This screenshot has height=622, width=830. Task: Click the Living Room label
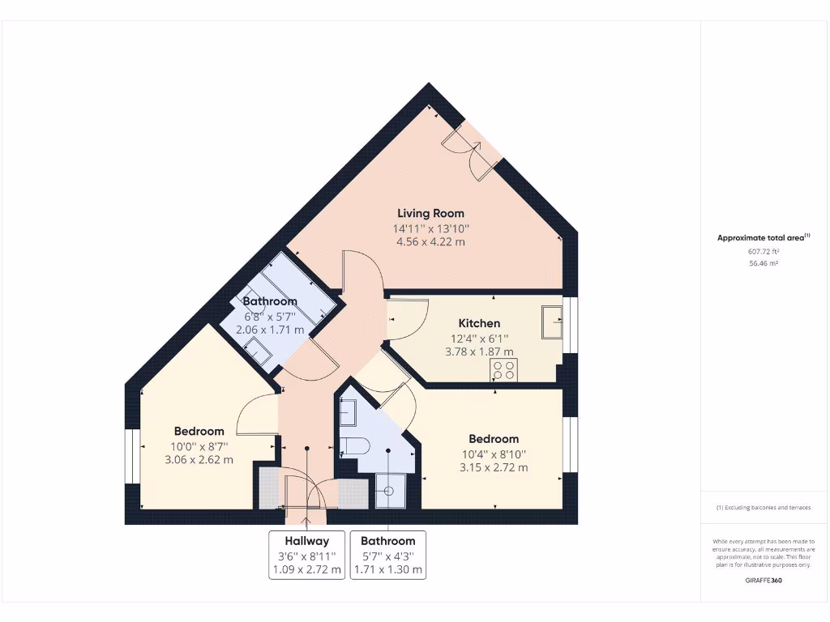point(430,213)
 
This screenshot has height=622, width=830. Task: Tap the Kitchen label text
point(479,323)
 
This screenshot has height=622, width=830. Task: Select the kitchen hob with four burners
point(503,370)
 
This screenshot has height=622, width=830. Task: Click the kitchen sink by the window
point(553,322)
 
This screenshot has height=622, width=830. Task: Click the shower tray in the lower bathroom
point(390,490)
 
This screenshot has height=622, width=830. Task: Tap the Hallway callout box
point(306,555)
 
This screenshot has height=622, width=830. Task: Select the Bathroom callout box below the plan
point(387,555)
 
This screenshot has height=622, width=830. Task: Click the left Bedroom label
point(199,431)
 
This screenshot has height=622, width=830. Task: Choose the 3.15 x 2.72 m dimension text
point(494,467)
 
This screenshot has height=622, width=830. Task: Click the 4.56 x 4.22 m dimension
point(430,241)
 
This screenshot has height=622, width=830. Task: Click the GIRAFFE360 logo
point(764,580)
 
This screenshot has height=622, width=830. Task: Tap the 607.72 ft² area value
point(763,251)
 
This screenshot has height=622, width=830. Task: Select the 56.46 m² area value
point(763,263)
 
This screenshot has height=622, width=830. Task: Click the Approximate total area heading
point(763,238)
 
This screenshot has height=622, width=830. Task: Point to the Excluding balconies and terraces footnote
point(763,508)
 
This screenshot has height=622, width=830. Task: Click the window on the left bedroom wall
point(129,457)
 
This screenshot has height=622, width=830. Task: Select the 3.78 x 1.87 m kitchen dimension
point(479,351)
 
